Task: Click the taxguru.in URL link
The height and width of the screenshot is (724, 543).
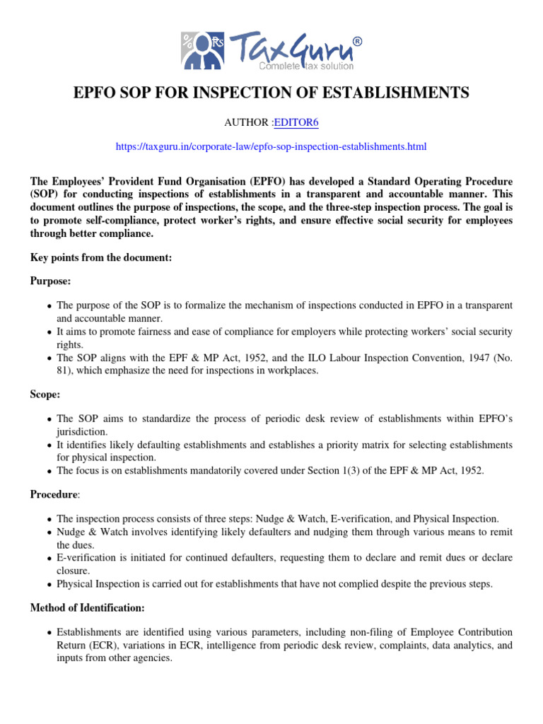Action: coord(271,147)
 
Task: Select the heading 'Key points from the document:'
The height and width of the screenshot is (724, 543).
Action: coord(100,258)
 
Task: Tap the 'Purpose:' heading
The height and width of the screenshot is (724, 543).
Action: coord(50,281)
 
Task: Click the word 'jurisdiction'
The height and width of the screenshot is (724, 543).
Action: coord(83,431)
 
